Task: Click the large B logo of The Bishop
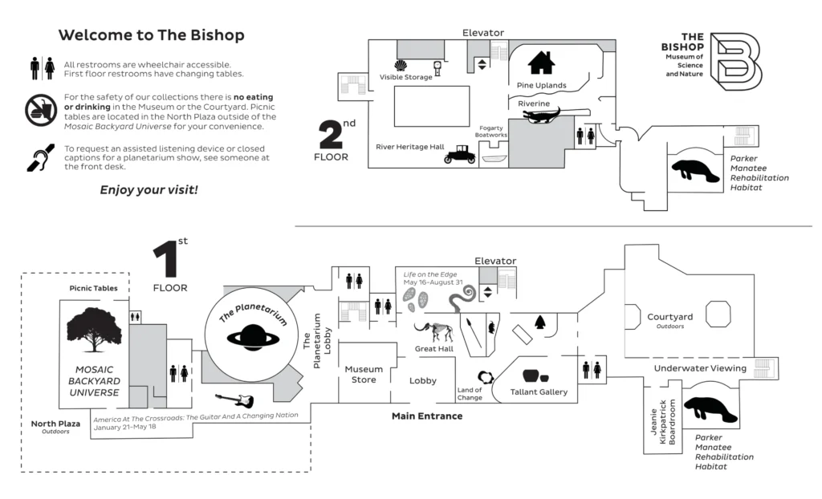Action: tap(738, 61)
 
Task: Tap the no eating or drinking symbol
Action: tap(40, 110)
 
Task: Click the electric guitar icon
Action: tap(234, 400)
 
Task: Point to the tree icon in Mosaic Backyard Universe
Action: tap(94, 329)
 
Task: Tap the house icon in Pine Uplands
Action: tap(542, 63)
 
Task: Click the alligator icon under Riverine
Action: tap(546, 116)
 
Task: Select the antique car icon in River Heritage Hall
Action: tap(460, 155)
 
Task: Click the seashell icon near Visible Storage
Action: tap(400, 65)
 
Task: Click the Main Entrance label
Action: tap(426, 416)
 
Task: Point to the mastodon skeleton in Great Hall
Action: tap(433, 330)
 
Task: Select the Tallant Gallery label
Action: tap(539, 392)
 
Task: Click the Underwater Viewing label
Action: tap(701, 368)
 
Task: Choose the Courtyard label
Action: tap(669, 318)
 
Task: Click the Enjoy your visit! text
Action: tap(149, 190)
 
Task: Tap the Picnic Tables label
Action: tap(93, 288)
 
